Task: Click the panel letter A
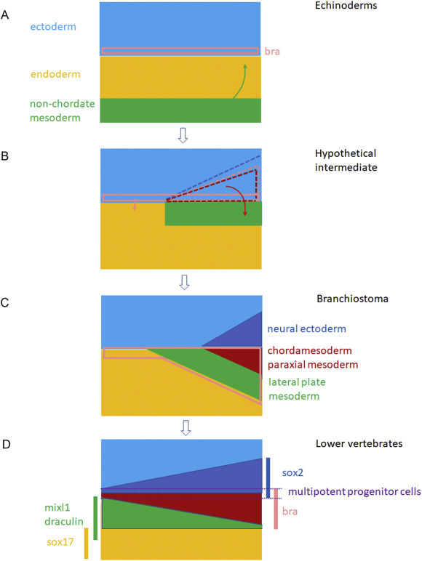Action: point(4,15)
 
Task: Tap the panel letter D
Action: point(6,444)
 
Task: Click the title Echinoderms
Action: point(346,6)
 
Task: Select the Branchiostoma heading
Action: point(352,299)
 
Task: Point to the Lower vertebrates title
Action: point(359,444)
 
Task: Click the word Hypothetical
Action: point(346,153)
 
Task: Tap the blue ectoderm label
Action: point(53,27)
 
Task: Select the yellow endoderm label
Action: point(55,74)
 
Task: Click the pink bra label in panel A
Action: point(272,52)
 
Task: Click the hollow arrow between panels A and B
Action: point(183,136)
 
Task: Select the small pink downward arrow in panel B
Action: point(135,206)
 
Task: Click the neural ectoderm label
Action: point(306,328)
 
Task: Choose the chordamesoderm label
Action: point(309,350)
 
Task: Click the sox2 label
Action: point(292,472)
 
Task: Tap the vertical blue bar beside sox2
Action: point(268,477)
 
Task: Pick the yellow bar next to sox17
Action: point(86,543)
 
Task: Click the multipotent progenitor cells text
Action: point(354,492)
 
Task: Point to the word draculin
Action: point(64,522)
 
